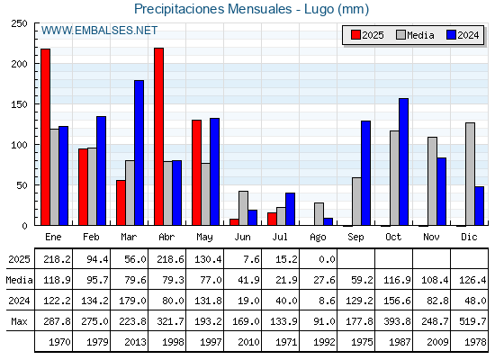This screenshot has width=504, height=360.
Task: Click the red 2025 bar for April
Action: click(x=158, y=137)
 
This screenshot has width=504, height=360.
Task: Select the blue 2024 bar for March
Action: click(x=139, y=153)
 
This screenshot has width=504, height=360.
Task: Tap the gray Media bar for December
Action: click(x=470, y=174)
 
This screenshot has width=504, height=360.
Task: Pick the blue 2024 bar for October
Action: click(x=404, y=162)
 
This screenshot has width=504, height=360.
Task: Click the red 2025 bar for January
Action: click(x=45, y=137)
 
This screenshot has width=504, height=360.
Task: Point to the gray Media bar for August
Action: click(x=319, y=214)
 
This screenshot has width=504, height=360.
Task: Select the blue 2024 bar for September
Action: click(x=365, y=173)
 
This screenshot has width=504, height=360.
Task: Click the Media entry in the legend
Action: click(x=415, y=35)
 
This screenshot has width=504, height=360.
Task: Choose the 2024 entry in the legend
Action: click(x=463, y=35)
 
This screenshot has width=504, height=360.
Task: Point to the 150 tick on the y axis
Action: click(x=19, y=104)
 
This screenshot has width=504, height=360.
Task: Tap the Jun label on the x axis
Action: click(x=242, y=238)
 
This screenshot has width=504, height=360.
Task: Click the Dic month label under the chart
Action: click(x=469, y=238)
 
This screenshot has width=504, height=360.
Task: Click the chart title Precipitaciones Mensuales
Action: click(x=212, y=9)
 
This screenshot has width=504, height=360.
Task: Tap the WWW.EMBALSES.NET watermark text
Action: click(x=99, y=31)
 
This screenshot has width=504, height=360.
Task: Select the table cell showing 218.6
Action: click(x=171, y=259)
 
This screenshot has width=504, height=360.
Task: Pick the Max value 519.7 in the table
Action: click(x=472, y=321)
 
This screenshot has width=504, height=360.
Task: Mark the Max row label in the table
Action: click(x=19, y=321)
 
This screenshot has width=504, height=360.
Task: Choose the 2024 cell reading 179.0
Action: click(x=133, y=301)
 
